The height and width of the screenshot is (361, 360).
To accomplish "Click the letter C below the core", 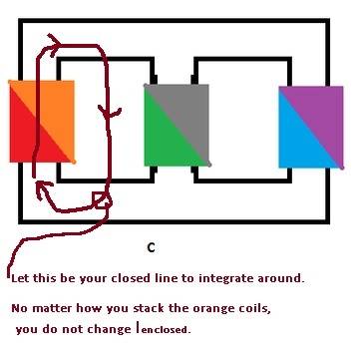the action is (151, 247).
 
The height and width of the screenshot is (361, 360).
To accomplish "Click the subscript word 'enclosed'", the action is (167, 330).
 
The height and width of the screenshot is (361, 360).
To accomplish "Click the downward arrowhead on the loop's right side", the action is (109, 113).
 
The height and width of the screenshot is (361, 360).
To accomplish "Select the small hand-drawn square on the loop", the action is (103, 200).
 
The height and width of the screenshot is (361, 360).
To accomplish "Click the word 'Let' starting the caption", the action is (20, 278).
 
